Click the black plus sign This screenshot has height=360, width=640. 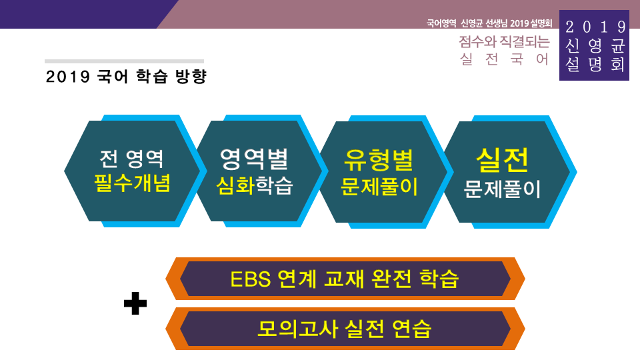(x=135, y=305)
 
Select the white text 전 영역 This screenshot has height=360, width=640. (x=131, y=159)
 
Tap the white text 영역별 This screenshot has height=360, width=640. (x=254, y=159)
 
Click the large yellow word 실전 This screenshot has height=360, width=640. (x=502, y=159)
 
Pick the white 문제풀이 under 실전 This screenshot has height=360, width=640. (x=502, y=189)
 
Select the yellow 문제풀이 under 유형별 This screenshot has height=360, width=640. (x=379, y=187)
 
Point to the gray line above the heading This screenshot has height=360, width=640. (x=124, y=61)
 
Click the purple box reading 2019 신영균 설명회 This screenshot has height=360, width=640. (x=595, y=45)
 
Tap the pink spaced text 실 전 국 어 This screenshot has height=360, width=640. (x=504, y=59)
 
